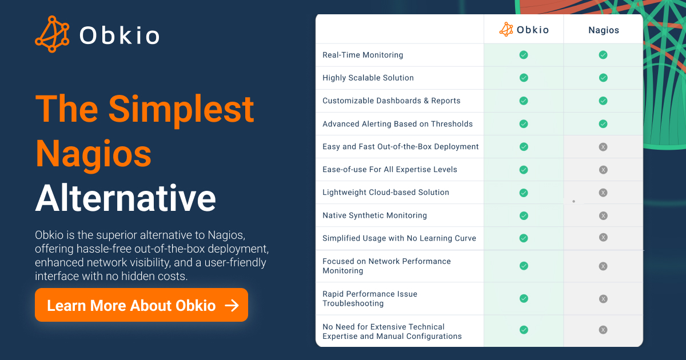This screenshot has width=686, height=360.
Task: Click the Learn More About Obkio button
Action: (141, 305)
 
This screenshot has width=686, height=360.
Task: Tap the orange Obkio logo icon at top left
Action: (52, 34)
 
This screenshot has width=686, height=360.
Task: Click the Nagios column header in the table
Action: (604, 30)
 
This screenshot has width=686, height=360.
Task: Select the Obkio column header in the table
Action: (524, 29)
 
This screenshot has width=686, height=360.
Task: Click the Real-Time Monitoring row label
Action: (362, 55)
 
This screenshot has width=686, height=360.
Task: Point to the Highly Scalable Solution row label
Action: (368, 78)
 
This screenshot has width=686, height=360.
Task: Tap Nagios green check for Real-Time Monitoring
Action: (603, 55)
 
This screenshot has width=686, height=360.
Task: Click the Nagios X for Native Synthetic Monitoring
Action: (603, 216)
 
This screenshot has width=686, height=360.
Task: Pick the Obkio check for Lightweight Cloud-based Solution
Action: (524, 193)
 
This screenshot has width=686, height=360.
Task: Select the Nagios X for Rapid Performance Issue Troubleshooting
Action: (603, 299)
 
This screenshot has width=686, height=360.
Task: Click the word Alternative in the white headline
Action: (126, 198)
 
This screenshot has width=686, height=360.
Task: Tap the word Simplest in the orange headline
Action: (181, 110)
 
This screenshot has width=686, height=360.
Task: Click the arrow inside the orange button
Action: (232, 305)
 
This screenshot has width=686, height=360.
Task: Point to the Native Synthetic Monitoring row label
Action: (374, 215)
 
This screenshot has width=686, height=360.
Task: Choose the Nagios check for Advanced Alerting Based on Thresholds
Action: (603, 124)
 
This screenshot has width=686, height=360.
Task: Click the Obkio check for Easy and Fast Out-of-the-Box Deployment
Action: (524, 147)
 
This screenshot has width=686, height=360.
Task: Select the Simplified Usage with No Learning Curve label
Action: (400, 238)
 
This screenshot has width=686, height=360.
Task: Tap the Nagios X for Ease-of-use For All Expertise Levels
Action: (603, 170)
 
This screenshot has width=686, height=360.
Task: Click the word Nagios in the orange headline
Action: (93, 155)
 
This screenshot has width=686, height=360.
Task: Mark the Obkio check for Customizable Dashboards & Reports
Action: (524, 101)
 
